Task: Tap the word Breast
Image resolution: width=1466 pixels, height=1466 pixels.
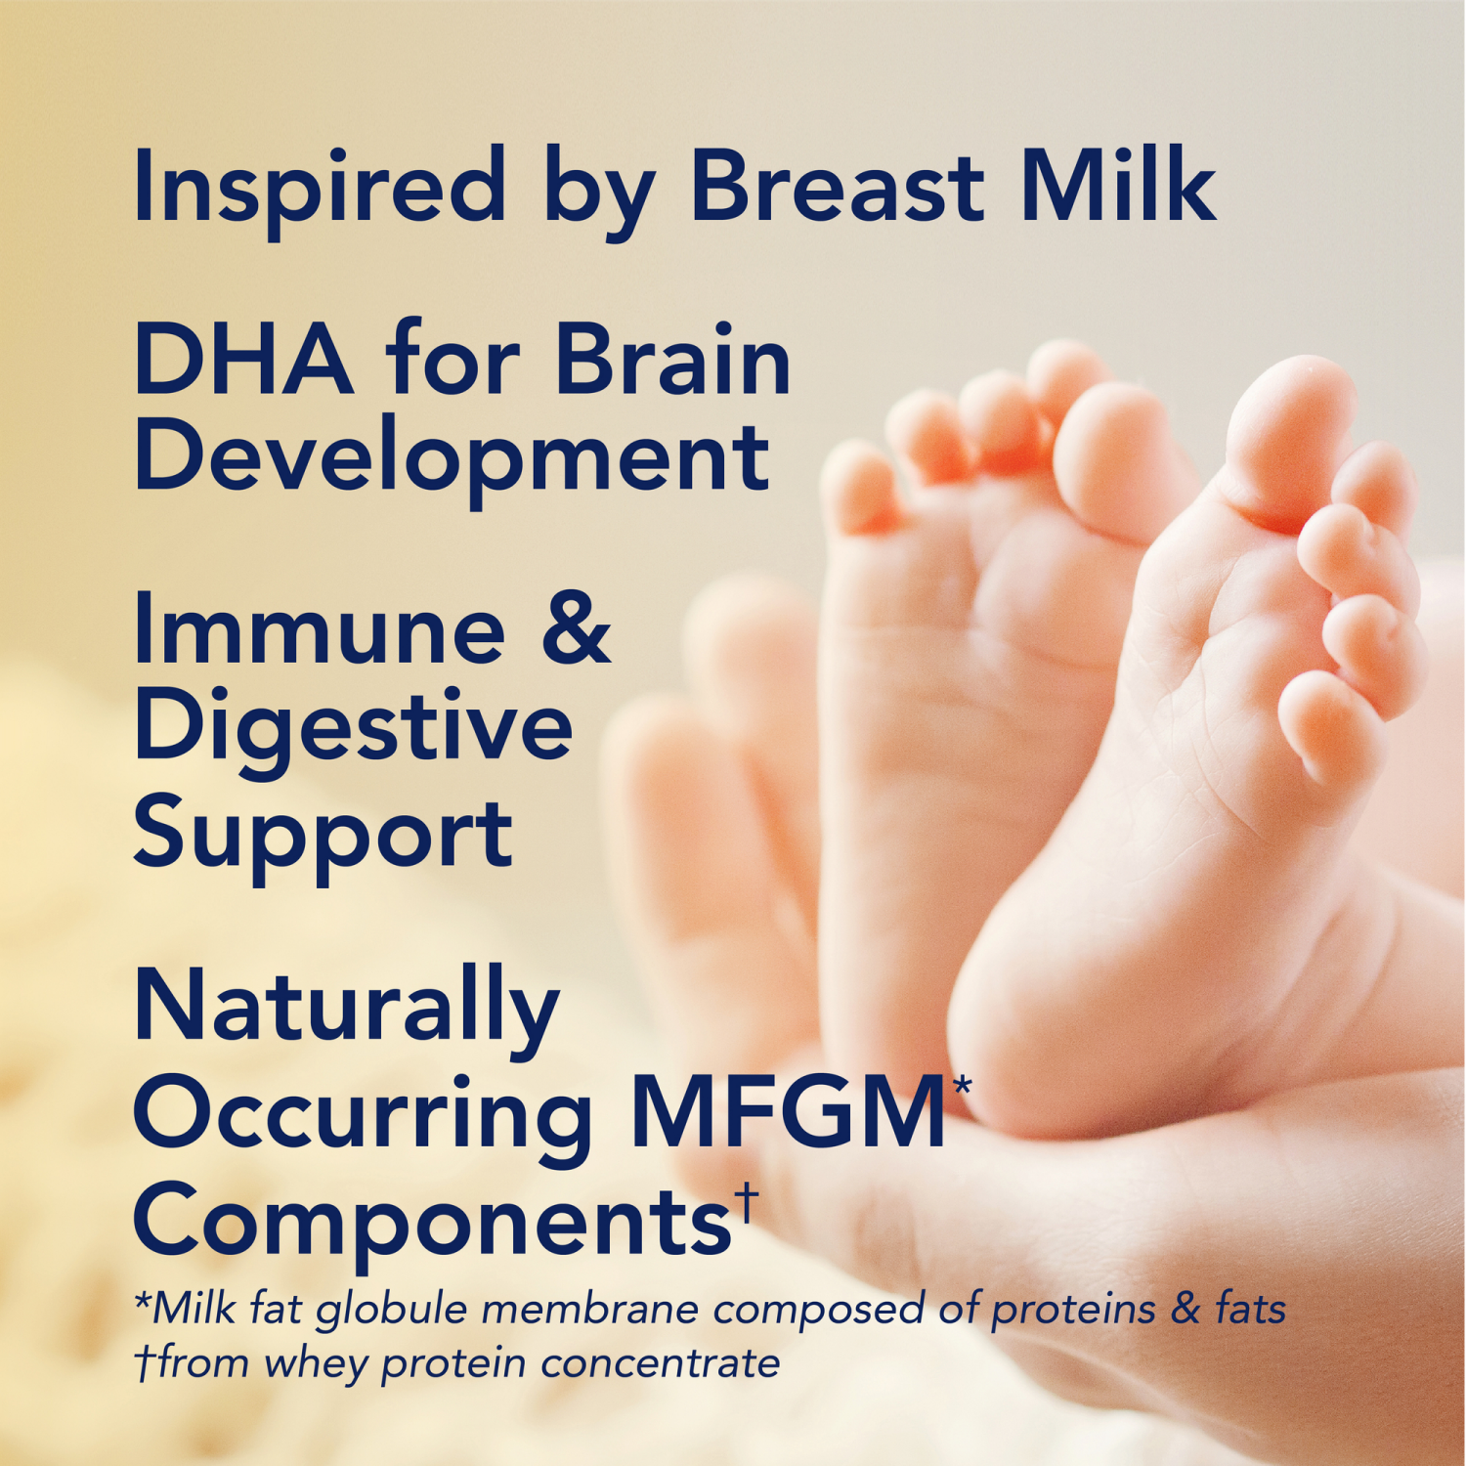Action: [837, 186]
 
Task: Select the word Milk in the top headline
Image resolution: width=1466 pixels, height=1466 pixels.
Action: [1118, 186]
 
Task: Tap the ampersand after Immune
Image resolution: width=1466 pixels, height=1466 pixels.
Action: [576, 629]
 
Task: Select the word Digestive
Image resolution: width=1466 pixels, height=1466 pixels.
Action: [353, 729]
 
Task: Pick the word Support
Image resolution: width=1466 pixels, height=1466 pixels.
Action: [323, 836]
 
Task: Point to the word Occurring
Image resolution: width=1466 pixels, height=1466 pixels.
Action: [363, 1114]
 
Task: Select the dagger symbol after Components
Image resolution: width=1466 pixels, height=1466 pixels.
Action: [747, 1201]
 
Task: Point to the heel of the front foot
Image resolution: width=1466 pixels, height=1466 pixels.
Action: [1036, 1056]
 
